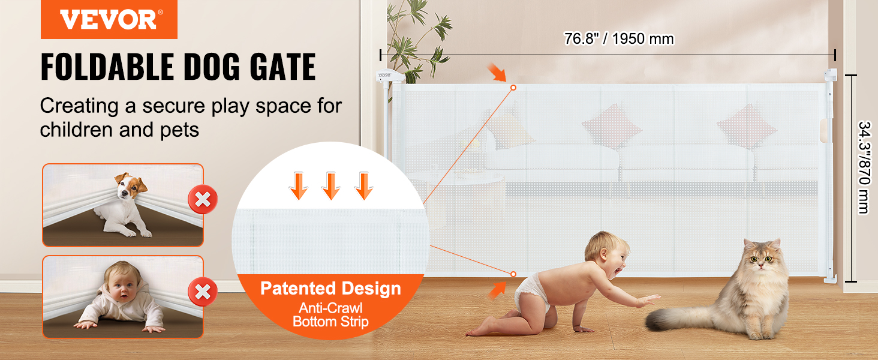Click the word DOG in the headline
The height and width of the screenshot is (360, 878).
pyautogui.click(x=211, y=67)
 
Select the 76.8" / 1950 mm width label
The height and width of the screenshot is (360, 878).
pyautogui.click(x=619, y=39)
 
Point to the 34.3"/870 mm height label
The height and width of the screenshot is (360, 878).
pyautogui.click(x=864, y=167)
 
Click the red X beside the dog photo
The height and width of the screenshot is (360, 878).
pyautogui.click(x=203, y=199)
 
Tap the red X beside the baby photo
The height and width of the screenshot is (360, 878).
pyautogui.click(x=203, y=292)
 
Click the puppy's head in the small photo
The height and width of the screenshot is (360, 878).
pyautogui.click(x=130, y=187)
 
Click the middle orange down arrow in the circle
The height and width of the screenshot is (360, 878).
pyautogui.click(x=331, y=186)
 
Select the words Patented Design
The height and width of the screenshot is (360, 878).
pyautogui.click(x=330, y=289)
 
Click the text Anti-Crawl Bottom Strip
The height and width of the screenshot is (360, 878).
pyautogui.click(x=330, y=315)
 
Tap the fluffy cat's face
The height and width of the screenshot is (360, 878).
pyautogui.click(x=760, y=259)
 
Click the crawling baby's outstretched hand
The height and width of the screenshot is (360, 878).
pyautogui.click(x=650, y=301)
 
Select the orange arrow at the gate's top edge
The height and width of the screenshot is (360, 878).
pyautogui.click(x=497, y=73)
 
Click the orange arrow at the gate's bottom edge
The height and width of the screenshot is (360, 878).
pyautogui.click(x=497, y=290)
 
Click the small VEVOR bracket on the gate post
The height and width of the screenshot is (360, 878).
pyautogui.click(x=389, y=76)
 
